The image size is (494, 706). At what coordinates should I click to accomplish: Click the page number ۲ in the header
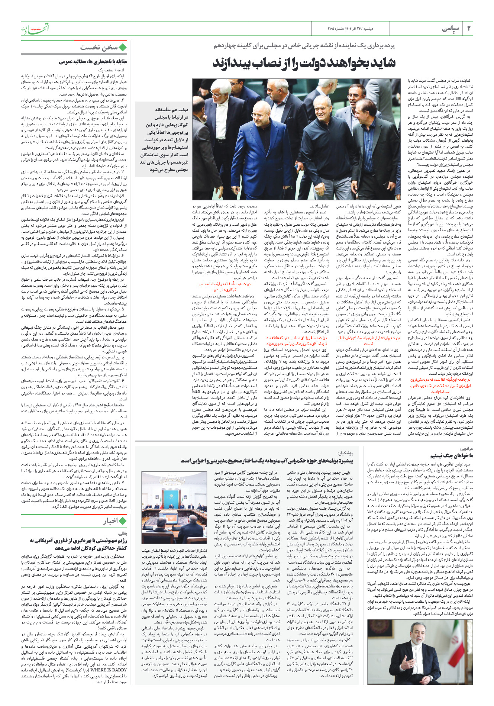pos(468,29)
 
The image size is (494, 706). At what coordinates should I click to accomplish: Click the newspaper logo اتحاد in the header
pos(35,28)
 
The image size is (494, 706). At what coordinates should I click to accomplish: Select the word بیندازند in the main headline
pos(233,62)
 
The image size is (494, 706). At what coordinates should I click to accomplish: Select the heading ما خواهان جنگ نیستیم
pos(451,456)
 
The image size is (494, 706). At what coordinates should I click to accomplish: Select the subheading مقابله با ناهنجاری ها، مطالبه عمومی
pos(93,61)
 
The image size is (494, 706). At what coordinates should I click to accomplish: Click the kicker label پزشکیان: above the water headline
pos(345,453)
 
